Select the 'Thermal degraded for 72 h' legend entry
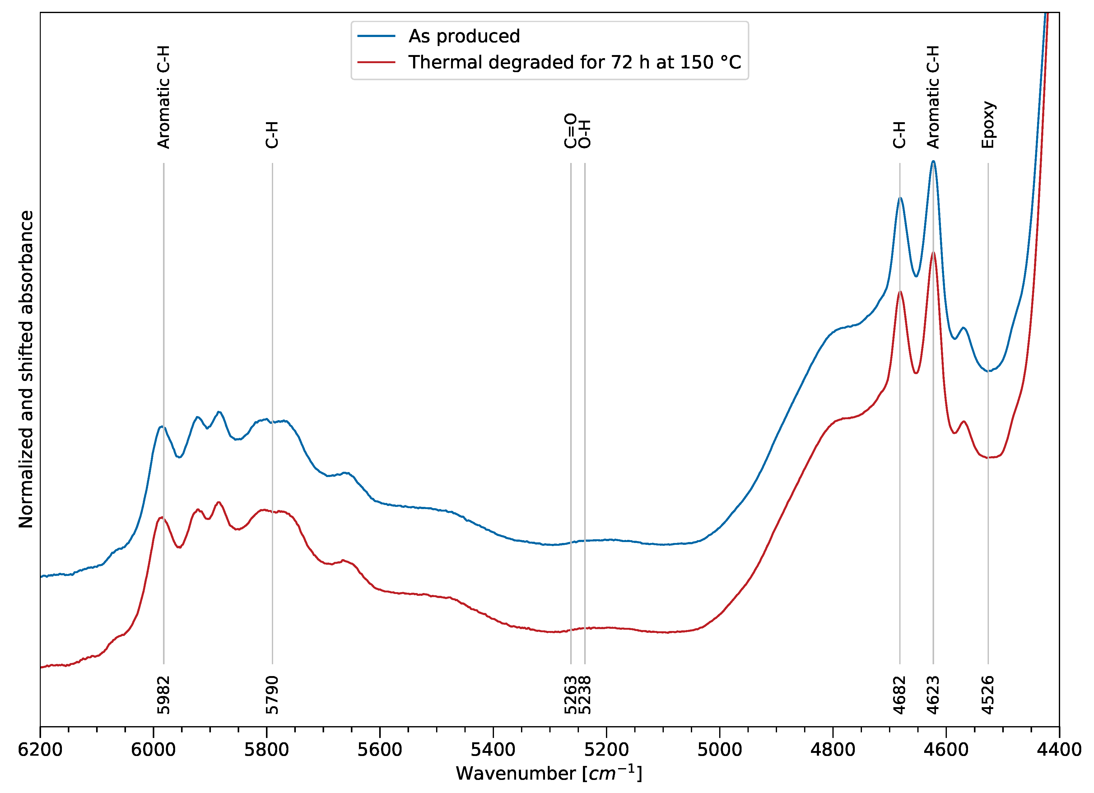point(574,62)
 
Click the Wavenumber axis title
point(549,773)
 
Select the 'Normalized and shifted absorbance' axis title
point(26,369)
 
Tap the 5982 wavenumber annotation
point(164,695)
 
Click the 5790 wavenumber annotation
point(272,695)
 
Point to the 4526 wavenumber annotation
point(988,695)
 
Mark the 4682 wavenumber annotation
point(900,695)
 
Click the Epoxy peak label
point(988,124)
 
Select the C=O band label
point(570,130)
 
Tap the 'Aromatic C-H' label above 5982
point(164,97)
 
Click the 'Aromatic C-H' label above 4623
point(933,97)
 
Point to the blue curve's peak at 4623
point(933,162)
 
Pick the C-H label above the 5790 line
point(272,135)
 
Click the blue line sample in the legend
point(376,36)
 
